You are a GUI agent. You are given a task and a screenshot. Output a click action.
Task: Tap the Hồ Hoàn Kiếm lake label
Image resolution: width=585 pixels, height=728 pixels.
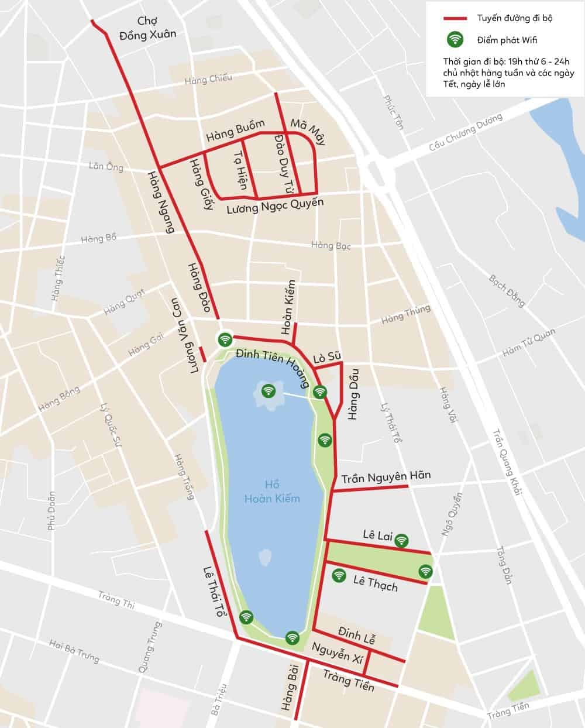[272, 492]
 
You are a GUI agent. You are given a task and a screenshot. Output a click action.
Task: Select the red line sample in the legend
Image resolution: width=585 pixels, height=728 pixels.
[456, 18]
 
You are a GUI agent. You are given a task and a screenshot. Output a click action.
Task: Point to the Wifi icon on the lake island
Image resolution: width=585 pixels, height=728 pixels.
[269, 390]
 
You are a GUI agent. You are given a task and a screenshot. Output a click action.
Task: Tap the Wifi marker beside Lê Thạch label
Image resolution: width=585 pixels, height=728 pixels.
[339, 576]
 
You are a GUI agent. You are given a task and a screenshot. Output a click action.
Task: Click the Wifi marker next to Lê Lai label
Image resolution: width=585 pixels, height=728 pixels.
[401, 540]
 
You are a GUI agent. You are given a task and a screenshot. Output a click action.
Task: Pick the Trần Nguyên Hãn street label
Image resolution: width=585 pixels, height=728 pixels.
[386, 477]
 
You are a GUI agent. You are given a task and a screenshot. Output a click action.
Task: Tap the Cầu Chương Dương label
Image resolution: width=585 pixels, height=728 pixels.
[466, 132]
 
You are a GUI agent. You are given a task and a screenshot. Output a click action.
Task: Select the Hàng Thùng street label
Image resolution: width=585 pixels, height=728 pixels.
[405, 315]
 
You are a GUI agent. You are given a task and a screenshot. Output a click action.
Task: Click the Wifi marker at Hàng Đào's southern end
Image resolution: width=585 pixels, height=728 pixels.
[225, 339]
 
